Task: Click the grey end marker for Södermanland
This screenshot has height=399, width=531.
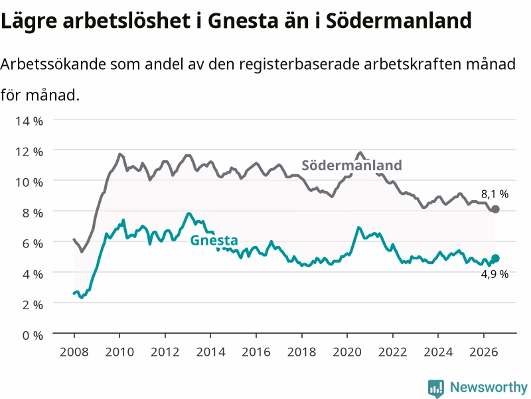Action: coord(495,209)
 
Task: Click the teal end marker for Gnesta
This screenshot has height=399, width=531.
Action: coord(495,258)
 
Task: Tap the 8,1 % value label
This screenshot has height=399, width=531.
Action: coord(494,194)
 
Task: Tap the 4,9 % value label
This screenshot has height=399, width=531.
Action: coord(494,274)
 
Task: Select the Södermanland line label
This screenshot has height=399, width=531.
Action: coord(352,165)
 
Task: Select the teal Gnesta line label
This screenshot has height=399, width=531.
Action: coord(214,240)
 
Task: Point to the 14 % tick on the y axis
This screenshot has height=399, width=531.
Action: coord(29,121)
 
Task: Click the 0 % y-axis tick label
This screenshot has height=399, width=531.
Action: coord(33,335)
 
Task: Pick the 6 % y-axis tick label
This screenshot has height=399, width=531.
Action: coord(33,243)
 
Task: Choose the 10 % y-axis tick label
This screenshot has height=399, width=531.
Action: coord(29,182)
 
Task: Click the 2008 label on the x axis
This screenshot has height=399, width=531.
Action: coord(74,352)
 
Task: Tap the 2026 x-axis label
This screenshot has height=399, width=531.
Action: coord(484,352)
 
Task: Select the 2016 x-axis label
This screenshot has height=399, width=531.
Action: coord(256,352)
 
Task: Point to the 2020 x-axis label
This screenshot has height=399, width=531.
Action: coord(347,352)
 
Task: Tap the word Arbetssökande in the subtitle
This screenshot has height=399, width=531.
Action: coord(54,64)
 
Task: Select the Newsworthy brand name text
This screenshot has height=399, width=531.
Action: coord(489,387)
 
